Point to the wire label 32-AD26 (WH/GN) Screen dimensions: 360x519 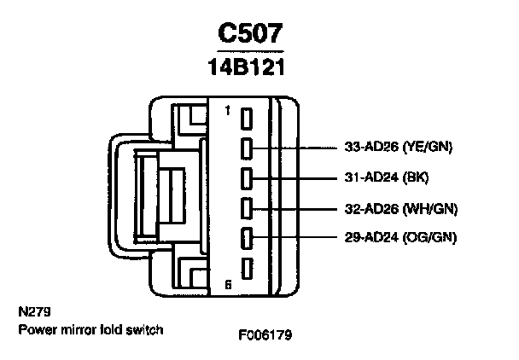[x=395, y=206]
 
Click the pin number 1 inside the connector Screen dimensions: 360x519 [x=227, y=111]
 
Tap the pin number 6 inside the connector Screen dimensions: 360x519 [x=227, y=284]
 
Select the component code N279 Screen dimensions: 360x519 [x=32, y=313]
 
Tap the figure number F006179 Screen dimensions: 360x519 [x=265, y=334]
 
